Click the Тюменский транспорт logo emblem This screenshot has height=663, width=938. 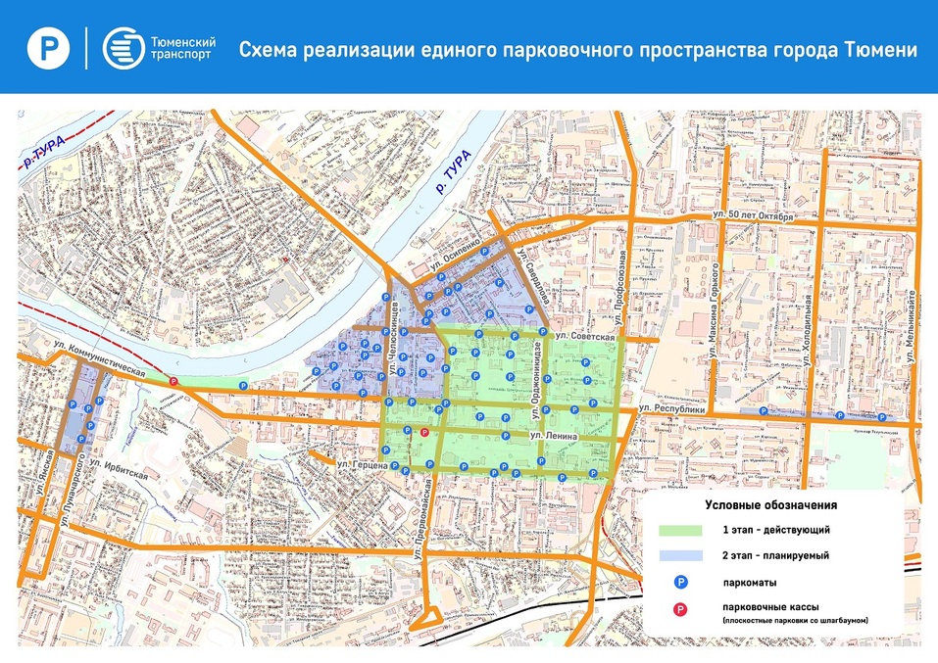point(122,48)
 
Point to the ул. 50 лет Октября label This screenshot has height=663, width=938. point(753,213)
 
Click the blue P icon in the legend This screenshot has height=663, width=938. point(676,583)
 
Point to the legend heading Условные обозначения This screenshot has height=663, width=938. point(770,505)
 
